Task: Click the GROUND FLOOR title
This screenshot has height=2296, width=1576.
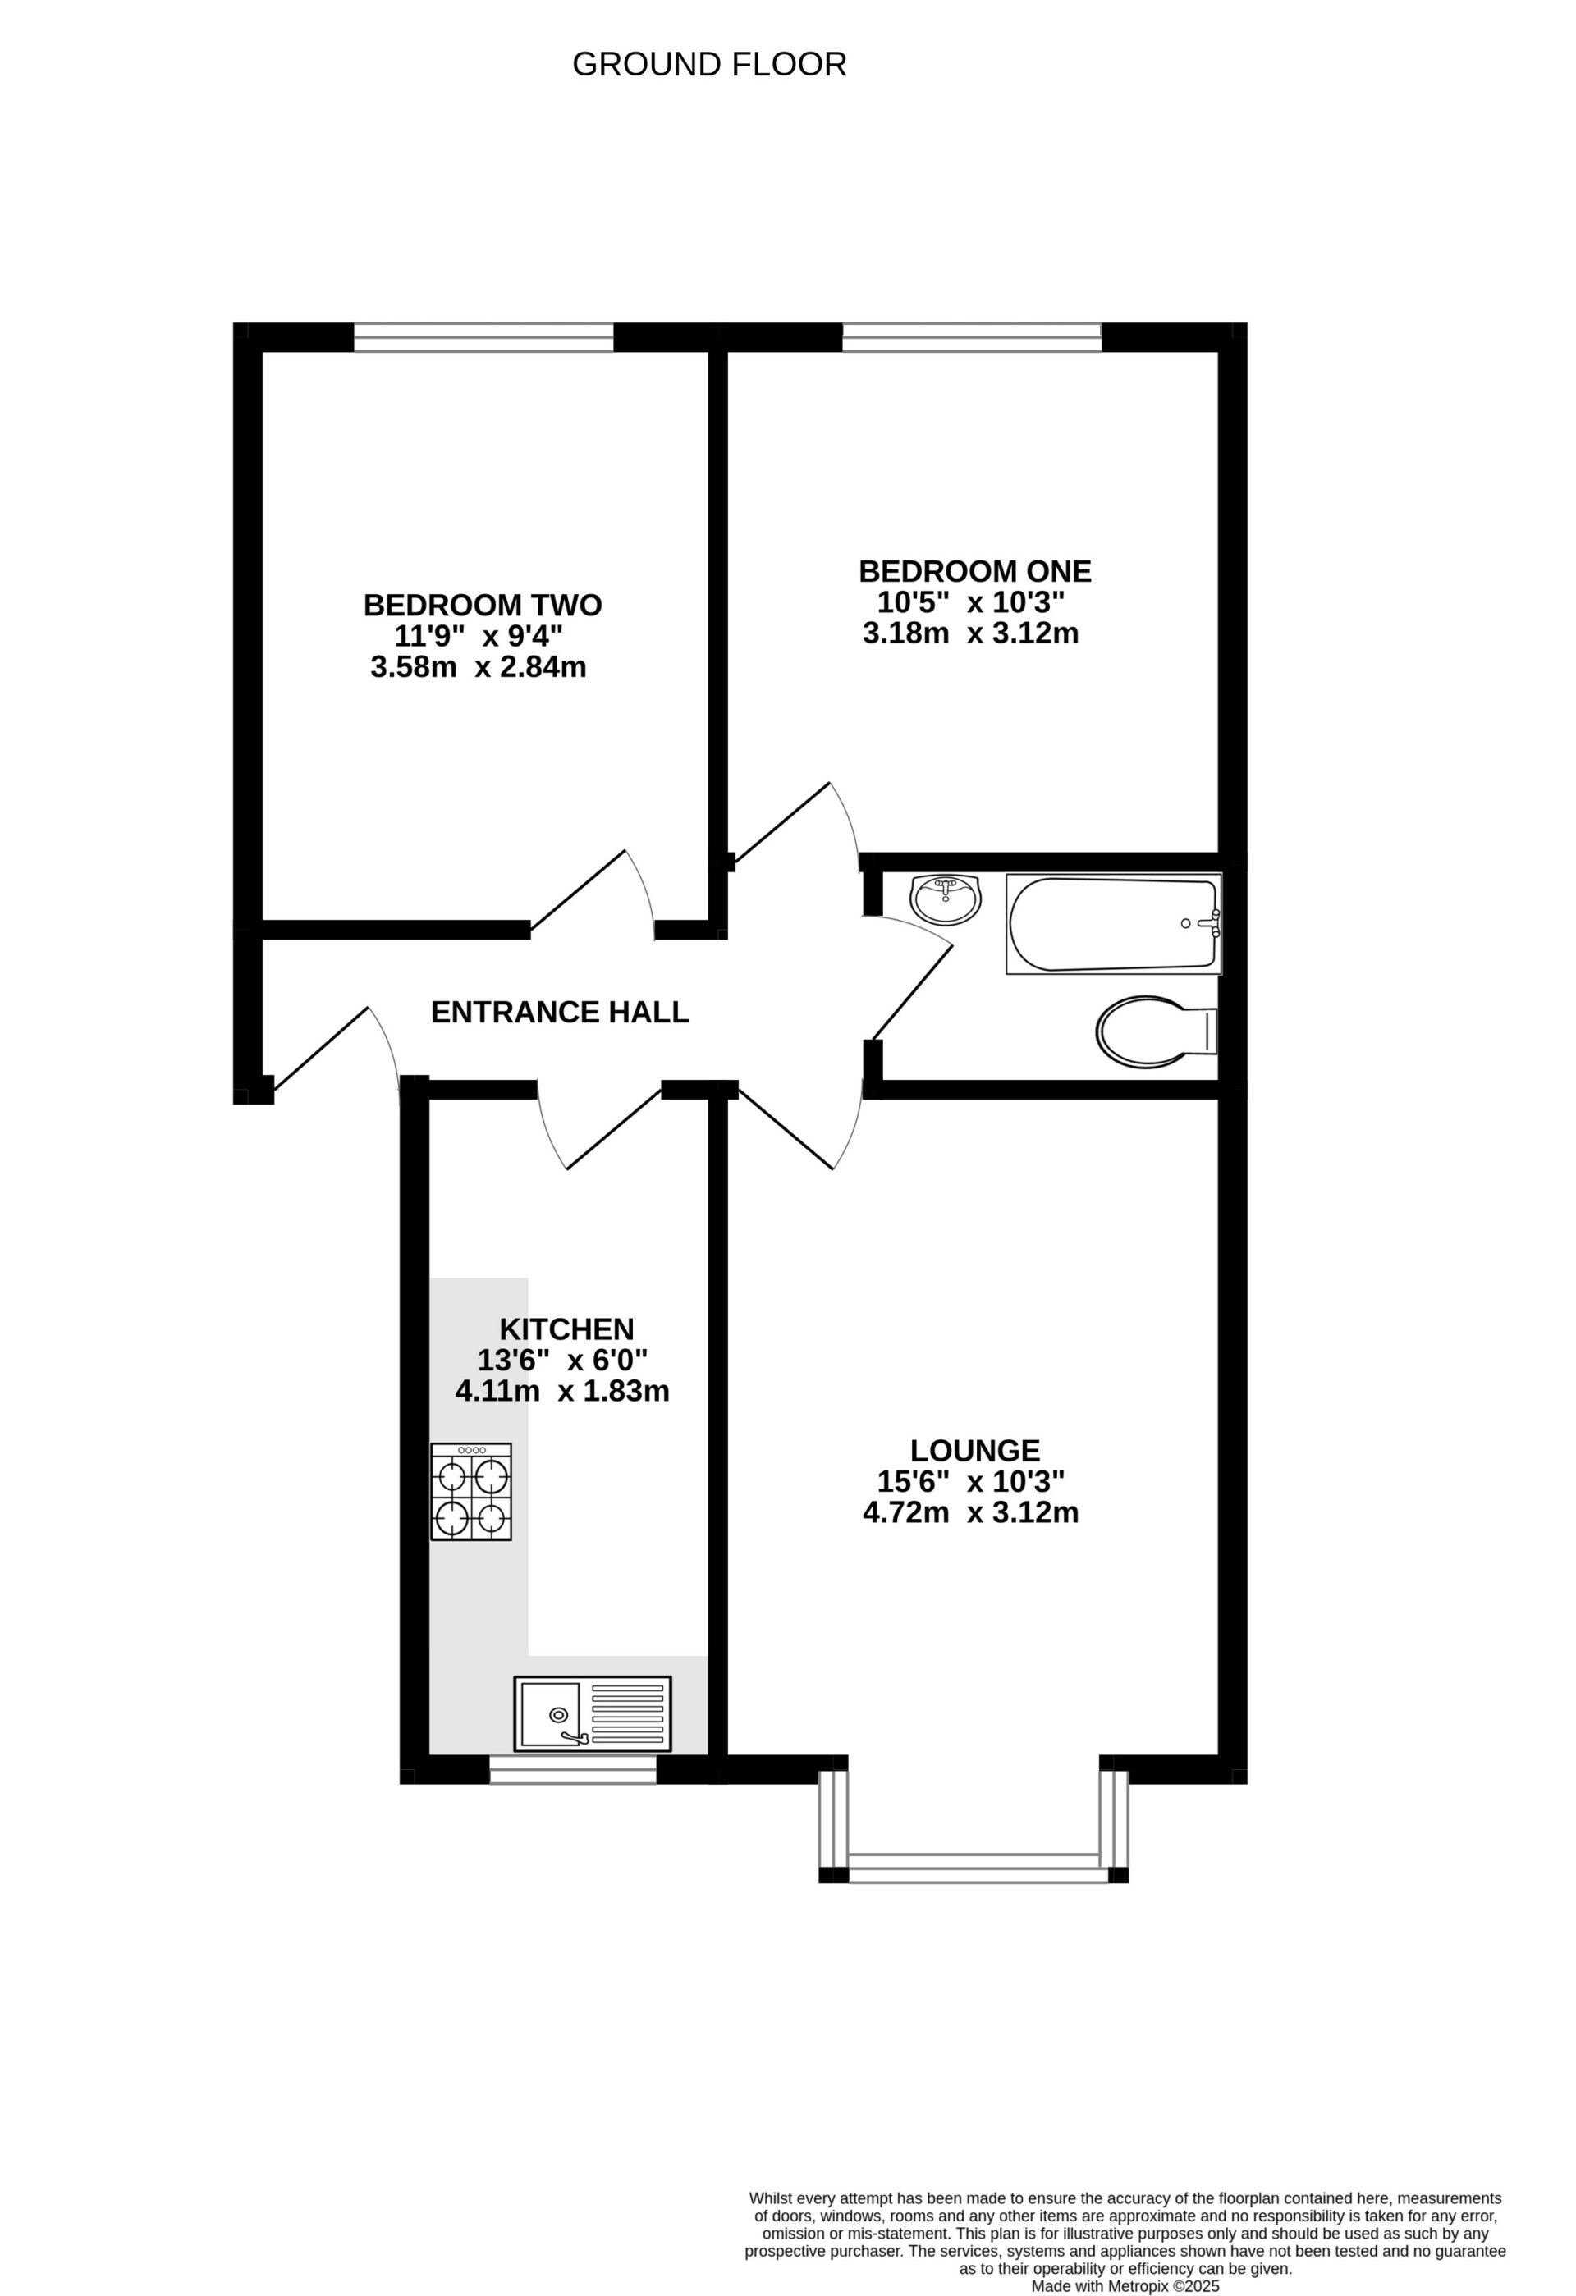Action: click(x=709, y=65)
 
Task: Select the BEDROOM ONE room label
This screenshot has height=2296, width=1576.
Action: click(x=974, y=571)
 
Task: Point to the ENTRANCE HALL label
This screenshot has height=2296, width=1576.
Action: click(x=559, y=1012)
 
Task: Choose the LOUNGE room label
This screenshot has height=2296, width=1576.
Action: click(x=974, y=1449)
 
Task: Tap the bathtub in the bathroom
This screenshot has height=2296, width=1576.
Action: click(x=1112, y=924)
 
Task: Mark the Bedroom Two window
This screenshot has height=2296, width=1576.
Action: click(x=483, y=337)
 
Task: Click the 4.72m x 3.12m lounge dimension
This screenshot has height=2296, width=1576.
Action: click(x=970, y=1512)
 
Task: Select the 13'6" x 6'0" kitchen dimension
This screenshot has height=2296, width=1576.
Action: click(x=562, y=1360)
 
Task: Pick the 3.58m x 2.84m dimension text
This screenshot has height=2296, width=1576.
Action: click(x=479, y=667)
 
